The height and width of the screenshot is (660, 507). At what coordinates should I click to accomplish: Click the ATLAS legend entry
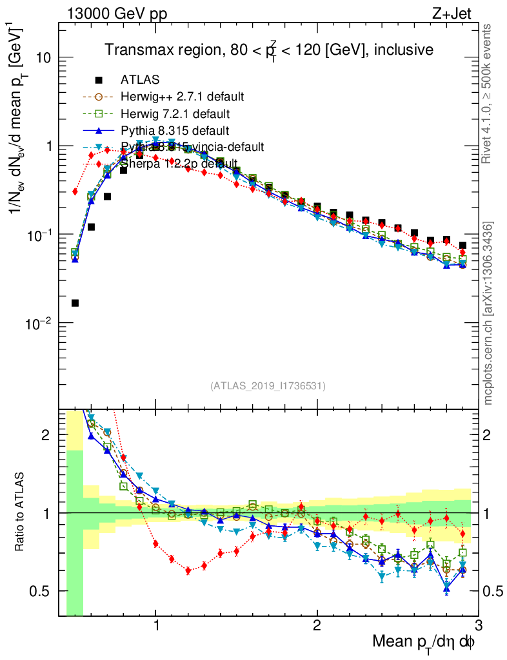139,81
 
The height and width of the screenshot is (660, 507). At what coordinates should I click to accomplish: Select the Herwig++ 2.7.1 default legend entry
182,97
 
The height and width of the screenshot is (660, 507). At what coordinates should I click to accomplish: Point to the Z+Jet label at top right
461,15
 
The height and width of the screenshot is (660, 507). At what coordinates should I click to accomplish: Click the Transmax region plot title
269,49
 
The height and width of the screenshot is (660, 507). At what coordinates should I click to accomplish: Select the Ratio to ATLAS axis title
22,512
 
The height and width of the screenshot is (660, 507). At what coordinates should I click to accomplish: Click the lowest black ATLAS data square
75,303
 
